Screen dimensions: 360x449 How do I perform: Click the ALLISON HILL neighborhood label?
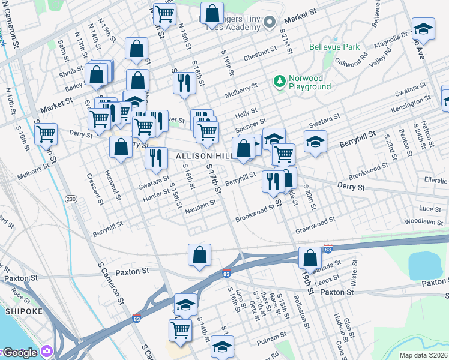(x=200, y=156)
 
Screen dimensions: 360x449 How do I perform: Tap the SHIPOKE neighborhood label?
(x=22, y=311)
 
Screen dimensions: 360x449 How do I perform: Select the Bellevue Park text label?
(x=334, y=47)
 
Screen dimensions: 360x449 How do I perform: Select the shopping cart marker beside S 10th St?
(x=46, y=134)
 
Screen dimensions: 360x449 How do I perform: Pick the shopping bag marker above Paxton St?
(x=199, y=254)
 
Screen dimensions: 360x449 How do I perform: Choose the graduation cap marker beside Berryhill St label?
(x=315, y=142)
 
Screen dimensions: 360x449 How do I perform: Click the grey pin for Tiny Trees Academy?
(x=270, y=22)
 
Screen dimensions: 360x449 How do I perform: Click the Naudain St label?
(x=200, y=205)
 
